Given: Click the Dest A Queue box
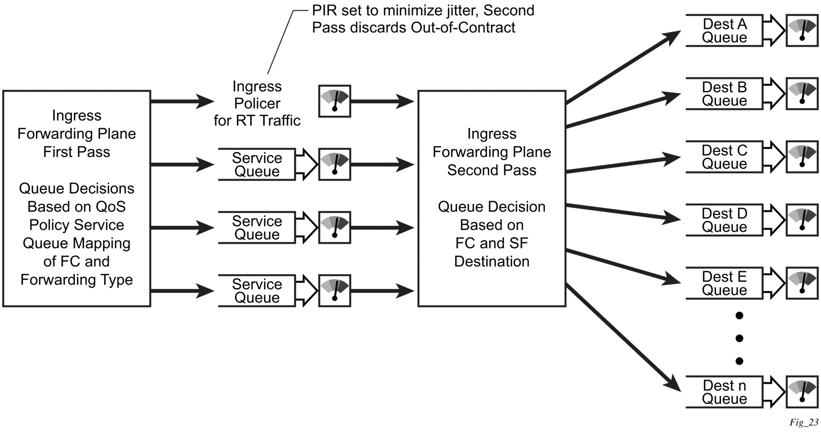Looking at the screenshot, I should [724, 31].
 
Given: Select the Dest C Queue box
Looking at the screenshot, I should [724, 157].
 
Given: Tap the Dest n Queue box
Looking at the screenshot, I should [724, 392].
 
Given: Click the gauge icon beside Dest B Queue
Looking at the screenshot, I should [802, 94].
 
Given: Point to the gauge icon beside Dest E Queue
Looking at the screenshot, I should [802, 283].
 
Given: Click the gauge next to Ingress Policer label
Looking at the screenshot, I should [334, 101].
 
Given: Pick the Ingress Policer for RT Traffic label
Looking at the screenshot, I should [257, 104].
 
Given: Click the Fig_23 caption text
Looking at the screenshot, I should [804, 423].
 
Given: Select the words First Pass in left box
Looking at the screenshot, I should [77, 152].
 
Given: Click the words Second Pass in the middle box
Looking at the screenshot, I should [492, 170].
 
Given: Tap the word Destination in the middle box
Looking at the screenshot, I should [492, 261].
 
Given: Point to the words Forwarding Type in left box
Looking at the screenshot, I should [77, 280].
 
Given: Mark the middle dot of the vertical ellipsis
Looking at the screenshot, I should [739, 338].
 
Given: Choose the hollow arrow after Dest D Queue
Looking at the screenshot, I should [774, 220].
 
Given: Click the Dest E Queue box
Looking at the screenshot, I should [724, 283].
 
